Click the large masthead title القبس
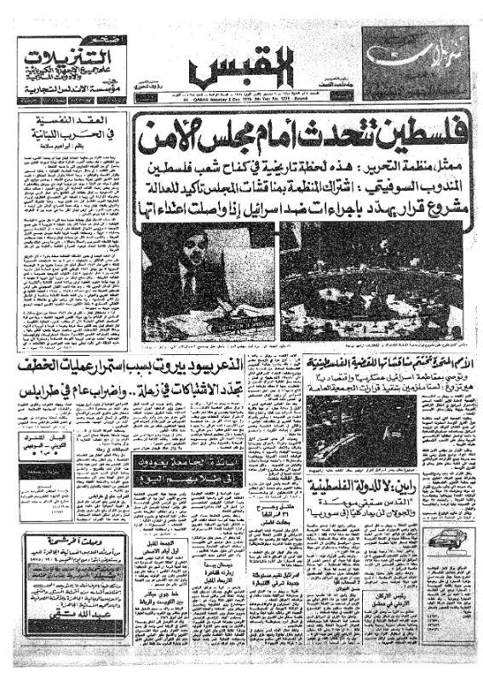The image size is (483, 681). (241, 72)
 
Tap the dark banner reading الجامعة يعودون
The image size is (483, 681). (175, 463)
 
